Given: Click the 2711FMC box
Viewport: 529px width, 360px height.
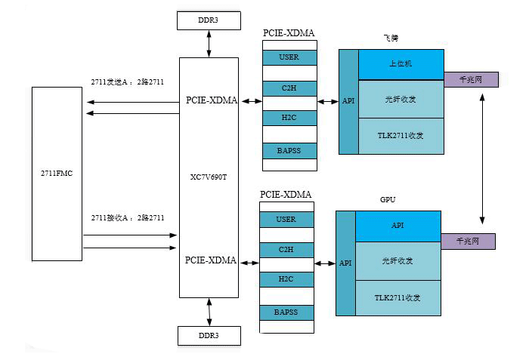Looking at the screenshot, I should (x=57, y=174).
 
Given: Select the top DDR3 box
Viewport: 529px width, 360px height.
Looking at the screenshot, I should (x=209, y=20).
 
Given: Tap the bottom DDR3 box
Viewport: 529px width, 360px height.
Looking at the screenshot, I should (x=209, y=335).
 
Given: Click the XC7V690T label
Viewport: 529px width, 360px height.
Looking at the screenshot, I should (x=209, y=177).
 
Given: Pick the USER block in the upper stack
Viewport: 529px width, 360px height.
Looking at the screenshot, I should (x=289, y=57).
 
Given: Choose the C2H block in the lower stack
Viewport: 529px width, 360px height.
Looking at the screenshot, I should (x=286, y=249).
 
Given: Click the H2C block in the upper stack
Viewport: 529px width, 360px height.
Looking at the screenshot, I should (x=289, y=118).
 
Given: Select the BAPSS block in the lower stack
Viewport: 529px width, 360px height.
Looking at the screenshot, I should (x=286, y=311).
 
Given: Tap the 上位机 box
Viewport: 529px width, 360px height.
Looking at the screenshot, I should (x=400, y=63).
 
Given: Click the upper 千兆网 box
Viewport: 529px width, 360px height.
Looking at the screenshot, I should (x=471, y=78).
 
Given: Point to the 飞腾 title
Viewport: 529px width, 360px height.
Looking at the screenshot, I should (x=391, y=37).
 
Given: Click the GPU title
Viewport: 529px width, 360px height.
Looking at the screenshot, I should (x=388, y=200).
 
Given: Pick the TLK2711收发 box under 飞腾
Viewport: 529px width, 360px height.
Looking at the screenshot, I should (x=400, y=136).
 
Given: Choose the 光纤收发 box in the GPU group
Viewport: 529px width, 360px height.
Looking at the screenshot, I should (x=398, y=261).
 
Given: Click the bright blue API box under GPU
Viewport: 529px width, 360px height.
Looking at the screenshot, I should (x=398, y=226).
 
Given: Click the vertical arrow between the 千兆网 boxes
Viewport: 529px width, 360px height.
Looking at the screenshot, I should (x=482, y=160).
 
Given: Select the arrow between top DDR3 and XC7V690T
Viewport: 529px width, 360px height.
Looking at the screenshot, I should (x=209, y=44).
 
